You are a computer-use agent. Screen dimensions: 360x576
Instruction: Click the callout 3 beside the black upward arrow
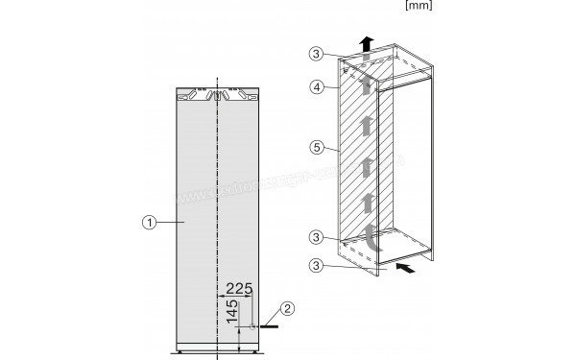pyautogui.click(x=318, y=54)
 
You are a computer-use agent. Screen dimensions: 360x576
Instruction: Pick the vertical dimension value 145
pyautogui.click(x=231, y=312)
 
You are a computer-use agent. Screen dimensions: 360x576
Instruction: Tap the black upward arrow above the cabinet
pyautogui.click(x=366, y=43)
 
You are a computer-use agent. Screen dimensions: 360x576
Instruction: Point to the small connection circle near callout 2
pyautogui.click(x=253, y=327)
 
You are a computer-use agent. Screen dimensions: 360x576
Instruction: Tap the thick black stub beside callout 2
pyautogui.click(x=270, y=327)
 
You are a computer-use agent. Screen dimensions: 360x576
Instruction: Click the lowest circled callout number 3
pyautogui.click(x=318, y=264)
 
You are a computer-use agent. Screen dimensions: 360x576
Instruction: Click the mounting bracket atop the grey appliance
pyautogui.click(x=219, y=95)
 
